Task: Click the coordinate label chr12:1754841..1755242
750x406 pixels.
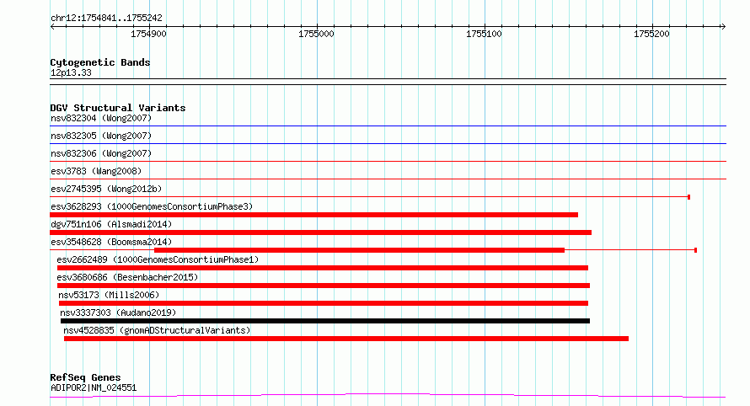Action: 106,19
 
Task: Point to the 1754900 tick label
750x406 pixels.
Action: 149,34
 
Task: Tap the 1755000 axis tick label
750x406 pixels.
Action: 316,34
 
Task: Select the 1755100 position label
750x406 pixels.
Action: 484,34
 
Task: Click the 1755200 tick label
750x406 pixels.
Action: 651,34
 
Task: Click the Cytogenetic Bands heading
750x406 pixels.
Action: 100,62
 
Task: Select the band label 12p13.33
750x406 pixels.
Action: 71,72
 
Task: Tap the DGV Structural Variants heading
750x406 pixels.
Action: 118,108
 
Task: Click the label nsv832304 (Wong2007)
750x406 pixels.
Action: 101,118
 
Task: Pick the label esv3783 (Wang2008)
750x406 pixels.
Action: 96,171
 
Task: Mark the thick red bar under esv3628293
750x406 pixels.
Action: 313,215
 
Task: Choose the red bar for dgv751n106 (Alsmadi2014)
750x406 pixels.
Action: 320,232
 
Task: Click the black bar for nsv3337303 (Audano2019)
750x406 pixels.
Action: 325,321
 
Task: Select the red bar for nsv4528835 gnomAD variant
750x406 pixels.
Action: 346,339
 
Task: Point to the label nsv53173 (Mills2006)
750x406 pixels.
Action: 109,295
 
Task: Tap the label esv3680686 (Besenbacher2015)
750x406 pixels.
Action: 127,277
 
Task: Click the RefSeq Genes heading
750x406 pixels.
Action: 85,378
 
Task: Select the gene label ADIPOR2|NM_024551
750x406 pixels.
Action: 94,387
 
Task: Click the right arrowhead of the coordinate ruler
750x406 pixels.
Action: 725,27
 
